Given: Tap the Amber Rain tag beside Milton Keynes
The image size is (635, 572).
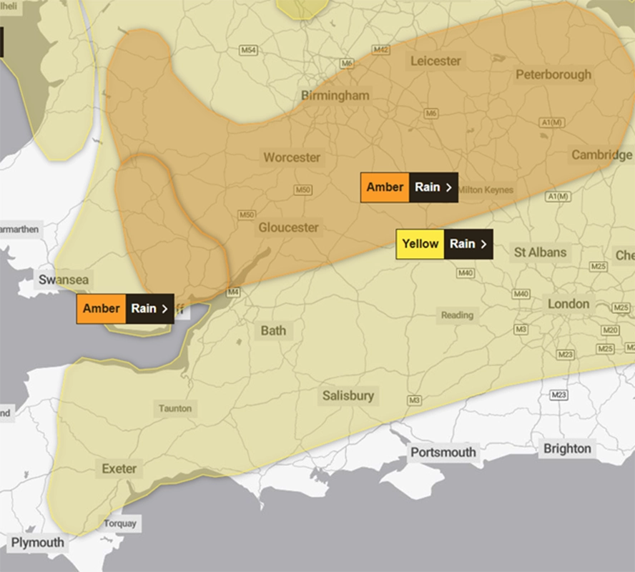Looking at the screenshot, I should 409,187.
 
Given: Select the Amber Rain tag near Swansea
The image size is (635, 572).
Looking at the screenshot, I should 125,309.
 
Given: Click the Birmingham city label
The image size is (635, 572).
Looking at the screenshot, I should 335,95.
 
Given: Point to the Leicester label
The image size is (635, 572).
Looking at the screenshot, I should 435,61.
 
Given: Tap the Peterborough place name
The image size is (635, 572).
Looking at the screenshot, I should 553,74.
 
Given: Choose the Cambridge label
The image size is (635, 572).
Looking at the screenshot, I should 601,155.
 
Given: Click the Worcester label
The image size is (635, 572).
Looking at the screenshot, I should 292,157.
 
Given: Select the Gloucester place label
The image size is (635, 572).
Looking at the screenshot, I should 288,227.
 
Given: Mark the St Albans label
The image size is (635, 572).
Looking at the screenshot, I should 540,252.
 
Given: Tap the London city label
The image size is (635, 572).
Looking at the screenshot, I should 568,304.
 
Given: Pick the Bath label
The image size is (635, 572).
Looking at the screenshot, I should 273,330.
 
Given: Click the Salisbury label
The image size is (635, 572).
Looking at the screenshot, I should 348,395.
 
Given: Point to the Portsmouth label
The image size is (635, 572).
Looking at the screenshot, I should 443,453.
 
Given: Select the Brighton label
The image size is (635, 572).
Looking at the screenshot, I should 567,449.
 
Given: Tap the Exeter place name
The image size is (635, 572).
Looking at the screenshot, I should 119,469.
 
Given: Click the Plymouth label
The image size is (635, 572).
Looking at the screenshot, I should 37,543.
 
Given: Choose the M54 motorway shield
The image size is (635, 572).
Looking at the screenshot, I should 248,51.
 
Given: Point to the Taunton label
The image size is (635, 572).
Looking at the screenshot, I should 175,408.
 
